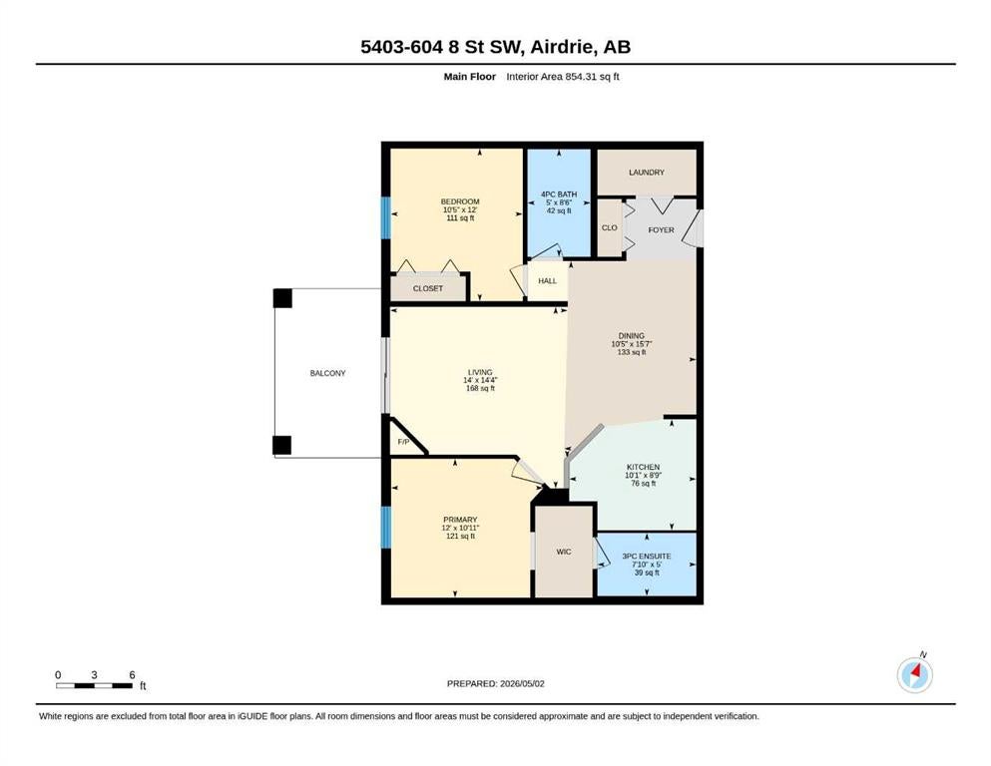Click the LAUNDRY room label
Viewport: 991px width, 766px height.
tap(646, 172)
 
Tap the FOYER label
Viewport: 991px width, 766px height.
tap(661, 229)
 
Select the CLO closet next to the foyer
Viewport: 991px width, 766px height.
tap(609, 227)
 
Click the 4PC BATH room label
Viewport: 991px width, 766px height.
tap(559, 194)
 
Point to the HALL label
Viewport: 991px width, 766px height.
tap(547, 281)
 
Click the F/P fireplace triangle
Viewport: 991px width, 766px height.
tap(404, 438)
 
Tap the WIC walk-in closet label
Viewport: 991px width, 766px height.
tap(564, 552)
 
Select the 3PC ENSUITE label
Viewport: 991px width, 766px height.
tap(647, 557)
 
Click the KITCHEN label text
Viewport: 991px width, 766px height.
tap(644, 468)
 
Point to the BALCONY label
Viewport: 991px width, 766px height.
tap(327, 373)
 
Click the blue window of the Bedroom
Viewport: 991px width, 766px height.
tap(385, 217)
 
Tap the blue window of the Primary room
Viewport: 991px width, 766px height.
tap(385, 528)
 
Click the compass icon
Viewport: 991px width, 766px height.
tap(914, 675)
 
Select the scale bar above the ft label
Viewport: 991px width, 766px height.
tap(94, 685)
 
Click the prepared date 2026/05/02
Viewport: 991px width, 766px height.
tap(522, 683)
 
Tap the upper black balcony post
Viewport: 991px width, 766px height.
tap(282, 298)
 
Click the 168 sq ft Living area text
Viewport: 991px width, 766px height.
tap(480, 388)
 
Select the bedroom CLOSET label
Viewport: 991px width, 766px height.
tap(428, 288)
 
